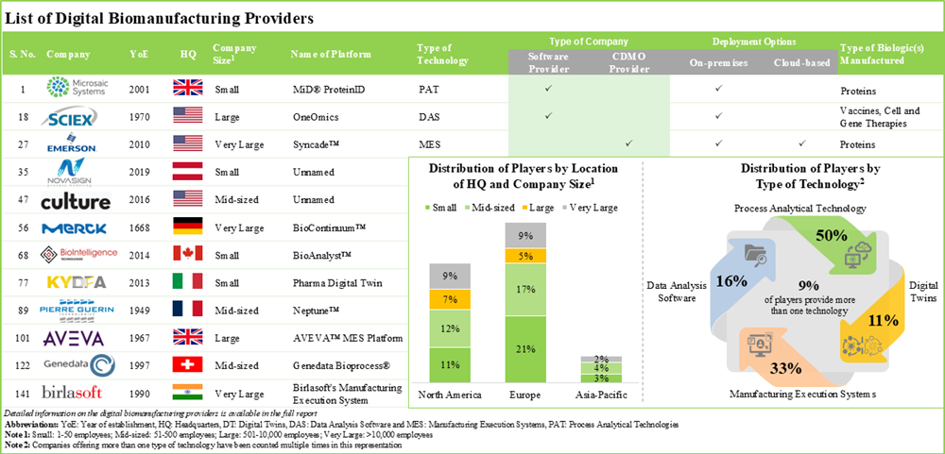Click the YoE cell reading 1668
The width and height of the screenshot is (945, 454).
coord(137,227)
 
